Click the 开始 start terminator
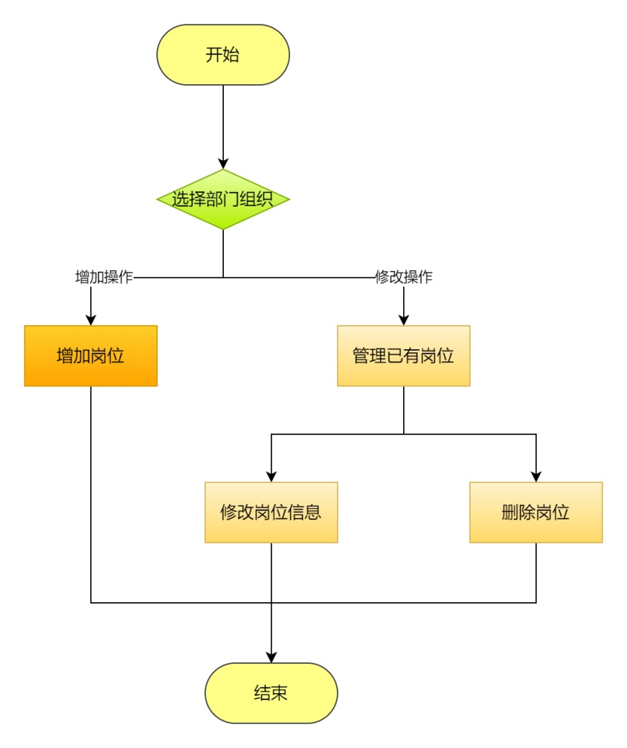pyautogui.click(x=223, y=55)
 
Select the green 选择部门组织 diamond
pyautogui.click(x=223, y=199)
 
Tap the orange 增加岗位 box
pyautogui.click(x=90, y=355)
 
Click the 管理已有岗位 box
pyautogui.click(x=403, y=355)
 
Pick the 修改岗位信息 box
pyautogui.click(x=271, y=512)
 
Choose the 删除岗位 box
pyautogui.click(x=536, y=512)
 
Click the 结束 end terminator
pyautogui.click(x=271, y=693)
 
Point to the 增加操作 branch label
pyautogui.click(x=105, y=277)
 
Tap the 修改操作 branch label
pyautogui.click(x=404, y=277)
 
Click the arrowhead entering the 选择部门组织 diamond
pyautogui.click(x=223, y=163)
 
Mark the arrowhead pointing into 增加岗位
pyautogui.click(x=90, y=320)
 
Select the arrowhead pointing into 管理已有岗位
pyautogui.click(x=403, y=320)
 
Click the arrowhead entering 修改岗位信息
pyautogui.click(x=271, y=476)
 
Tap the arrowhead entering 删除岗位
pyautogui.click(x=536, y=476)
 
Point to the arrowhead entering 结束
pyautogui.click(x=271, y=657)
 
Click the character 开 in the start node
pyautogui.click(x=214, y=55)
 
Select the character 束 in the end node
pyautogui.click(x=280, y=693)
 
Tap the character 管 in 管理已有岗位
pyautogui.click(x=361, y=355)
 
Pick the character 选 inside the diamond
pyautogui.click(x=181, y=199)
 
